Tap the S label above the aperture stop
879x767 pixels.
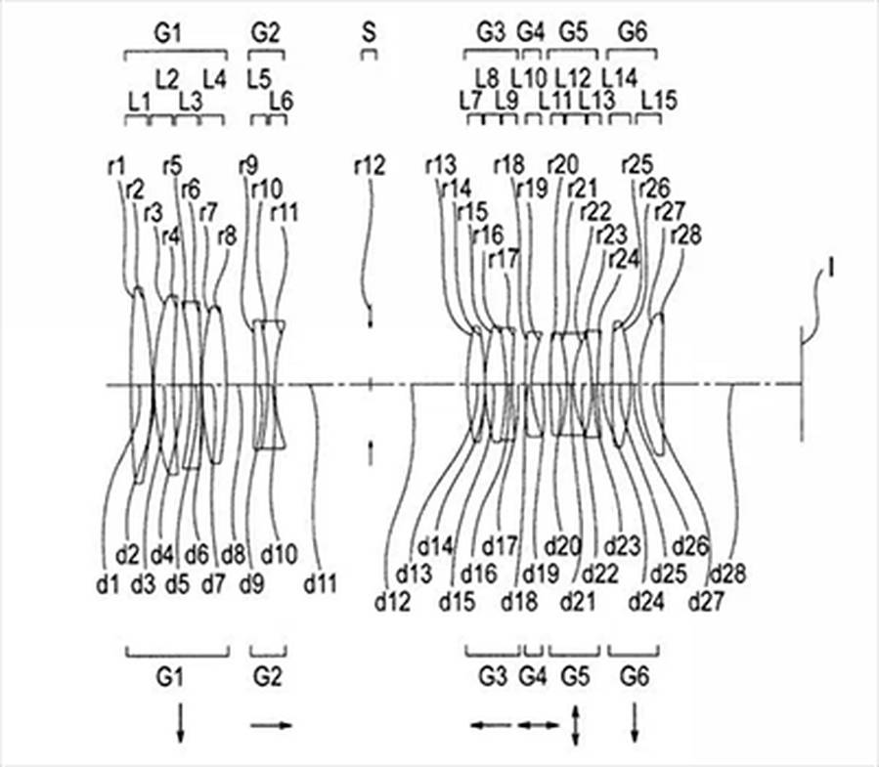pos(368,33)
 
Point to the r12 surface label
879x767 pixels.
pos(370,167)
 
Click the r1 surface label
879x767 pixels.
pos(116,167)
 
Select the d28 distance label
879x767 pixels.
pos(726,574)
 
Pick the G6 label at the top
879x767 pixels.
pos(633,33)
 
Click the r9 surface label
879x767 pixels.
pos(248,167)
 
